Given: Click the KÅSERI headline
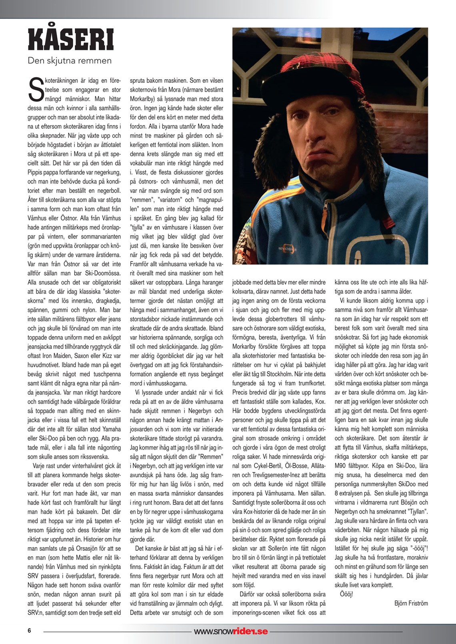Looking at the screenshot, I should click(x=71, y=40).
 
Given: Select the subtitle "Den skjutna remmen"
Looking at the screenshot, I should click(x=70, y=61).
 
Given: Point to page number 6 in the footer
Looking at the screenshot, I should click(x=29, y=631).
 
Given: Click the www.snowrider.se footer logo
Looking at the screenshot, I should click(x=231, y=632).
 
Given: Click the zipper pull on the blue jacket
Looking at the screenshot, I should click(x=325, y=205).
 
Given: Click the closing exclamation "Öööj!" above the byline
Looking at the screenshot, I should click(x=346, y=594).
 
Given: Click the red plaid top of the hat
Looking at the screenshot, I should click(x=320, y=60).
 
